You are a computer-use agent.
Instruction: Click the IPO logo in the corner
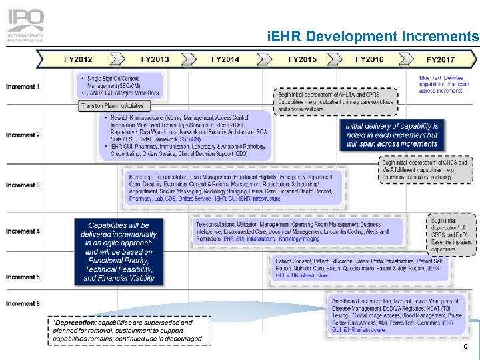26,25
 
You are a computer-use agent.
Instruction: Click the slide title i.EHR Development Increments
372,36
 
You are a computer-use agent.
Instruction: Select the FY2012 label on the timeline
78,59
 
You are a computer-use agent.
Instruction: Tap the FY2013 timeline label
155,59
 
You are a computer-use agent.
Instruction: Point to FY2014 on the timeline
225,59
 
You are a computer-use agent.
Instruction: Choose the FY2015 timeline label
302,59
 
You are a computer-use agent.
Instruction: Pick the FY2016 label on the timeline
369,59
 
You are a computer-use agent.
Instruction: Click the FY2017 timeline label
441,59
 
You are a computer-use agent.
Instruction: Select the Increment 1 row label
23,87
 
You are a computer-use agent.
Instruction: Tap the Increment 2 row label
23,135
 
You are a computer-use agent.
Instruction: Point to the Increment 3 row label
23,185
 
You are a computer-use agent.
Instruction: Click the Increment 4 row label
23,231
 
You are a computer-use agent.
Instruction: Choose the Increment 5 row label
23,277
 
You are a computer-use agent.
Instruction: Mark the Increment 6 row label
23,303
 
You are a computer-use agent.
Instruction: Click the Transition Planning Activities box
112,105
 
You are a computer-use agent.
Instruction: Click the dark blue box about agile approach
119,251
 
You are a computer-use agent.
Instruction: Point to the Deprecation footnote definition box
127,330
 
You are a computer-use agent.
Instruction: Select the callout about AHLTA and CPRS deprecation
336,102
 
